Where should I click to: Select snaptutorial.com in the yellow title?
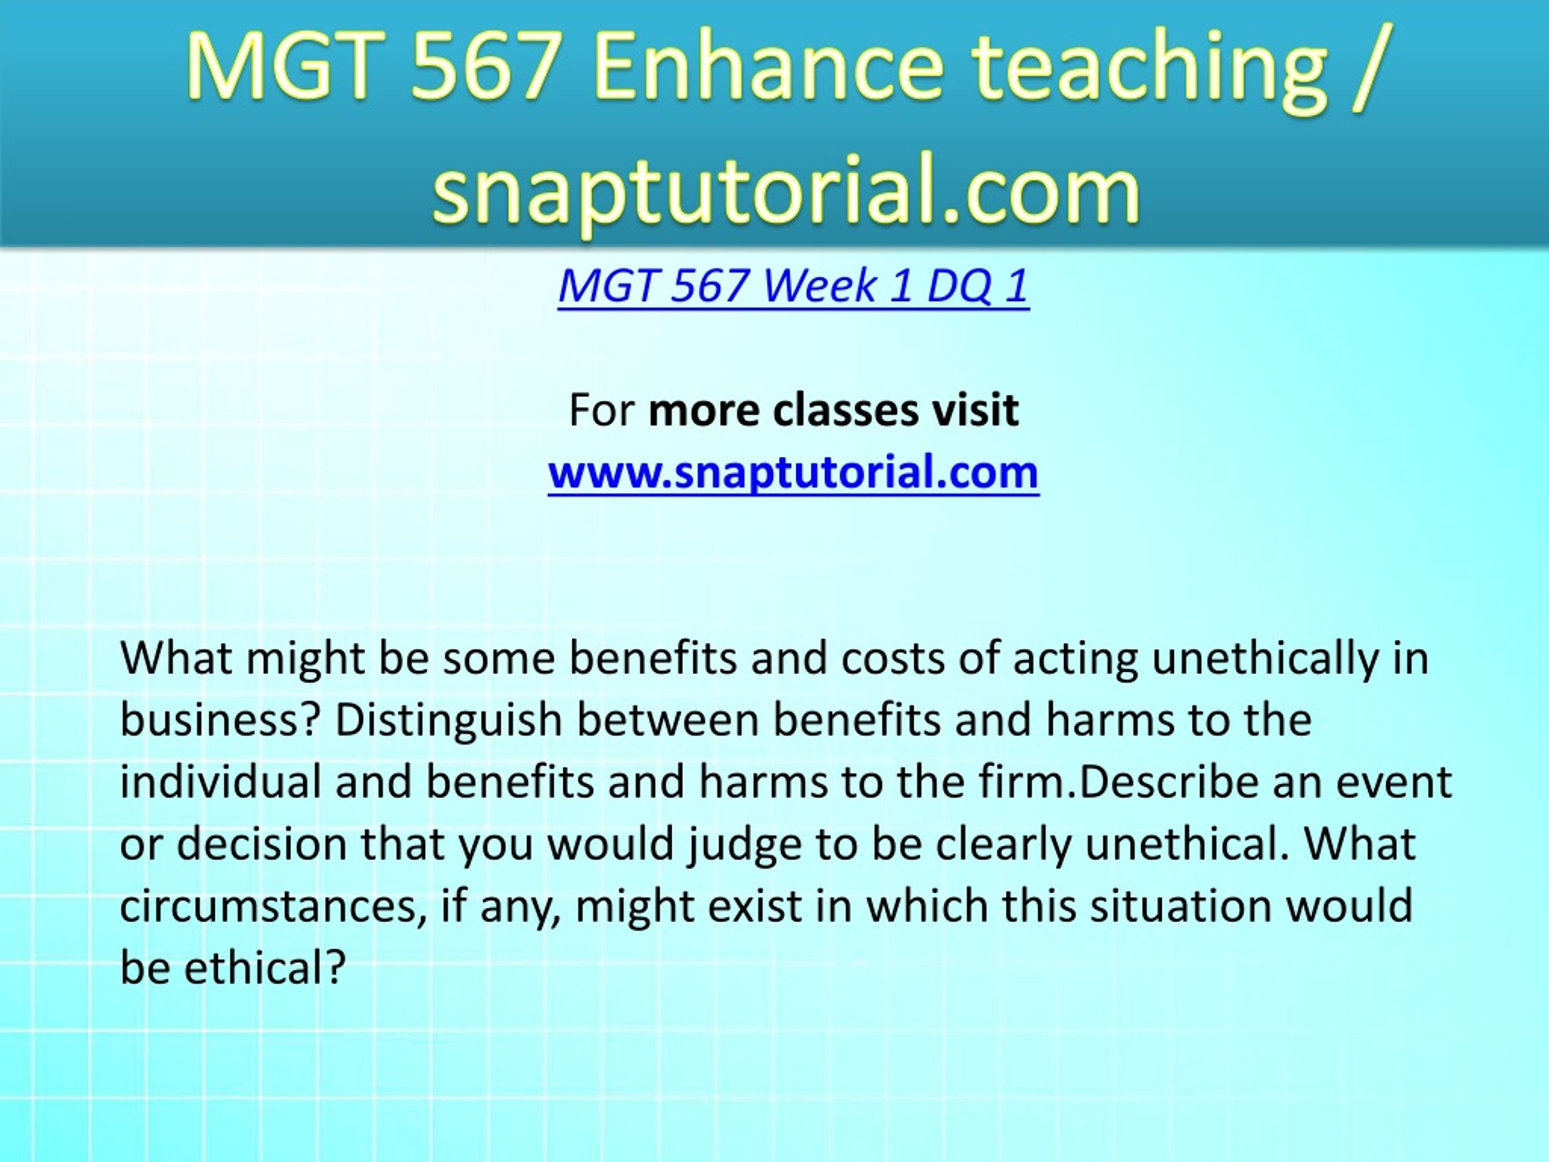coord(787,189)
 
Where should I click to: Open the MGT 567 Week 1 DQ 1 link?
coord(793,286)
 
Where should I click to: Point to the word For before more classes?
coord(601,410)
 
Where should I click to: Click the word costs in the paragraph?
coord(893,659)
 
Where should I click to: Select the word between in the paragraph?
coord(668,720)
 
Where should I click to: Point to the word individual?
coord(220,782)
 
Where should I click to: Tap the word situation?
coord(1181,907)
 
